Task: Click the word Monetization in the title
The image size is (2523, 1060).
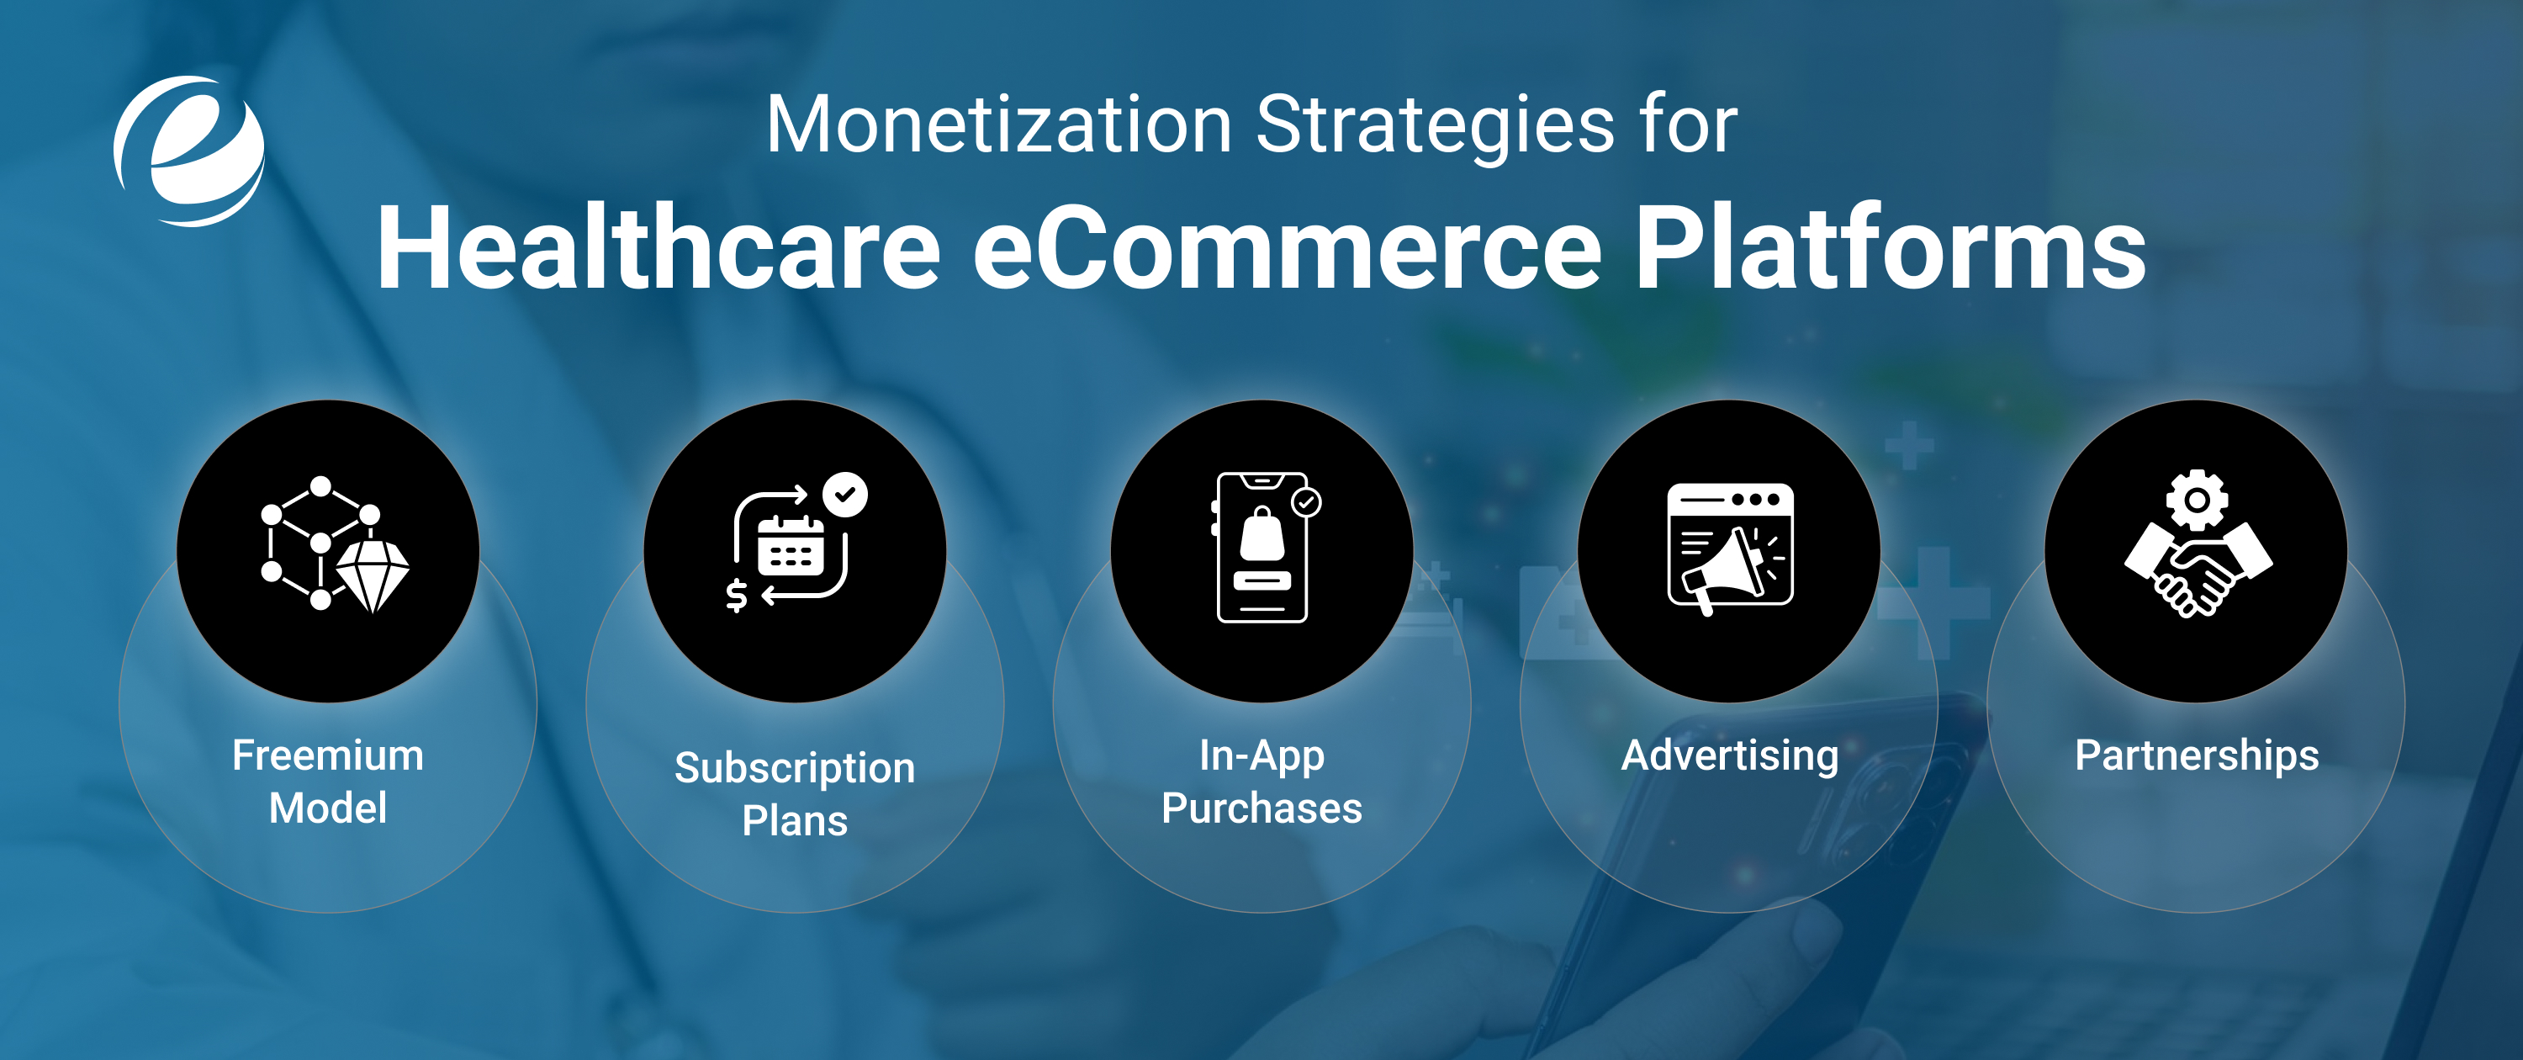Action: click(x=997, y=125)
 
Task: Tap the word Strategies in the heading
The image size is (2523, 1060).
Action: click(x=1434, y=125)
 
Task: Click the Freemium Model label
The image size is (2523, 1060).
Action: click(x=328, y=781)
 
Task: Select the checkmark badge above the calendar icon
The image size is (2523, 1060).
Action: click(x=844, y=495)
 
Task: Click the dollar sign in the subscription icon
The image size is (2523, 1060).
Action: click(x=737, y=594)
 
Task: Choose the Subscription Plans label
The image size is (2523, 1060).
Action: click(x=794, y=793)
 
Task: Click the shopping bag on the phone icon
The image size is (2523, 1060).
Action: click(x=1261, y=535)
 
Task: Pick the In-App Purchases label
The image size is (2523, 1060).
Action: click(x=1261, y=781)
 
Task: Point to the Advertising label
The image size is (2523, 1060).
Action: click(x=1730, y=755)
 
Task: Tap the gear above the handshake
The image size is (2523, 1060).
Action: click(x=2197, y=500)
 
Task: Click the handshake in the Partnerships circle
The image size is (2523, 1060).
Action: click(x=2198, y=572)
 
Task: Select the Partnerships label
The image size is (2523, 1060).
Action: click(x=2196, y=755)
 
